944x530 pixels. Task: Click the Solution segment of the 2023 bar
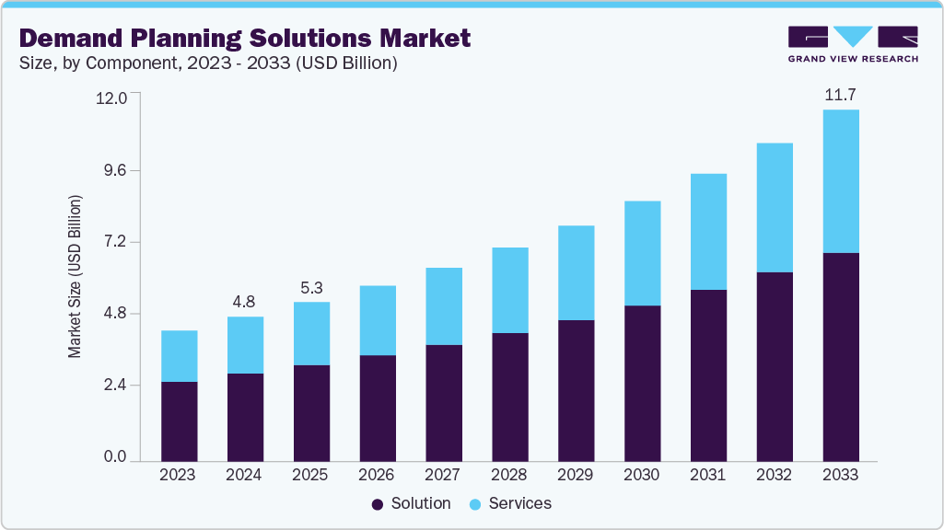[179, 421]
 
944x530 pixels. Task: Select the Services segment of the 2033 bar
[840, 181]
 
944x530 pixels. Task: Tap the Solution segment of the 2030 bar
[642, 383]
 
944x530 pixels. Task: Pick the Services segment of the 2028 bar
[509, 290]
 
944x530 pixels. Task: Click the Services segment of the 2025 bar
[311, 333]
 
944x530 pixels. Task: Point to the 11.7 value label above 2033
[840, 94]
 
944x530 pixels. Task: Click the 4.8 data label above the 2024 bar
[245, 300]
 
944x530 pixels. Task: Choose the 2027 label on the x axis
[443, 475]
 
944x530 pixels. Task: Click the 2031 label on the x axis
[708, 475]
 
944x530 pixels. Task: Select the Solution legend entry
[411, 503]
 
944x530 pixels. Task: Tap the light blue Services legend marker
[474, 504]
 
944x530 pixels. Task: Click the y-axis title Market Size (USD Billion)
[75, 276]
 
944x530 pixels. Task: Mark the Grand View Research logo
[852, 43]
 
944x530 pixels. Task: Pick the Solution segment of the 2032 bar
[775, 366]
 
